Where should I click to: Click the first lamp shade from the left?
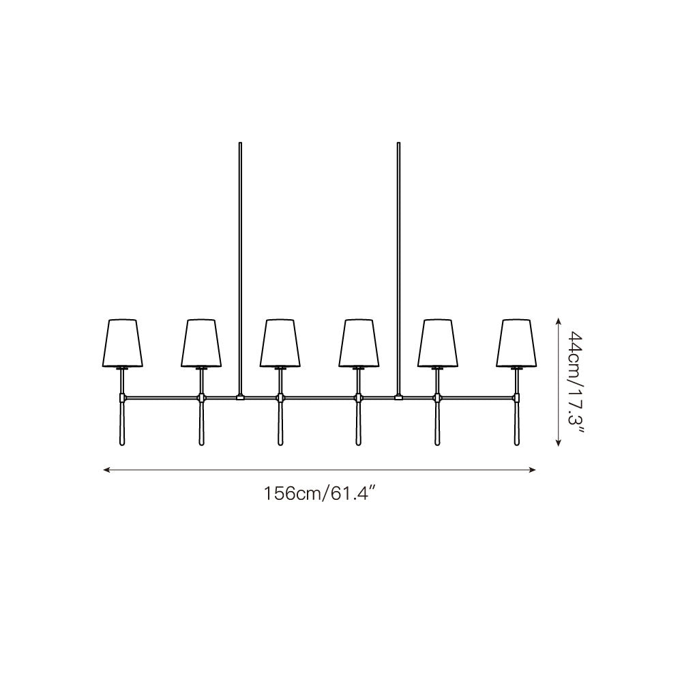click(123, 342)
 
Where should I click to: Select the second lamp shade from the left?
click(201, 342)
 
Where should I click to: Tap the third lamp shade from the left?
click(280, 342)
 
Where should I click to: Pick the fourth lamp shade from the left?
click(359, 342)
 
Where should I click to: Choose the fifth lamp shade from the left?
click(437, 342)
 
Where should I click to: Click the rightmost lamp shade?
click(516, 342)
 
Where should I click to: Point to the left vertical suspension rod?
click(240, 266)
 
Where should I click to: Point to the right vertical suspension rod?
click(398, 266)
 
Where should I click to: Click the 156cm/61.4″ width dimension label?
click(321, 492)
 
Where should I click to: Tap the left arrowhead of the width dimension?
click(106, 469)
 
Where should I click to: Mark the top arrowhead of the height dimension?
click(559, 321)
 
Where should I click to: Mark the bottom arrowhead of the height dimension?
click(559, 443)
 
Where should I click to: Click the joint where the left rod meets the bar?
click(240, 396)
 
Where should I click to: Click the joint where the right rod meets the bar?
click(398, 396)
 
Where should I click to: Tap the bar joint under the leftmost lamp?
click(123, 396)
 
